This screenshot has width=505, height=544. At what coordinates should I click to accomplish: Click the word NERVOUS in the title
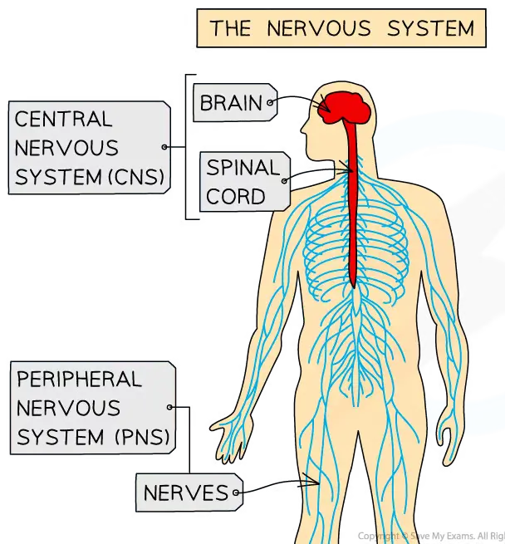(x=320, y=28)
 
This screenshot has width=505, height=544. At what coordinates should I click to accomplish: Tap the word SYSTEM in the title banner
(x=430, y=28)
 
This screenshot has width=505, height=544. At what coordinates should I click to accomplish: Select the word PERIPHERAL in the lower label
(x=80, y=380)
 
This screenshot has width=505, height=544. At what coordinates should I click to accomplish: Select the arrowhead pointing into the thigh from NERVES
(x=316, y=480)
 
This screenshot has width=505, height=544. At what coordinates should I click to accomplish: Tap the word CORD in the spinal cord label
(x=236, y=197)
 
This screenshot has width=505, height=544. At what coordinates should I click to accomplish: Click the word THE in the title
(x=230, y=28)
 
